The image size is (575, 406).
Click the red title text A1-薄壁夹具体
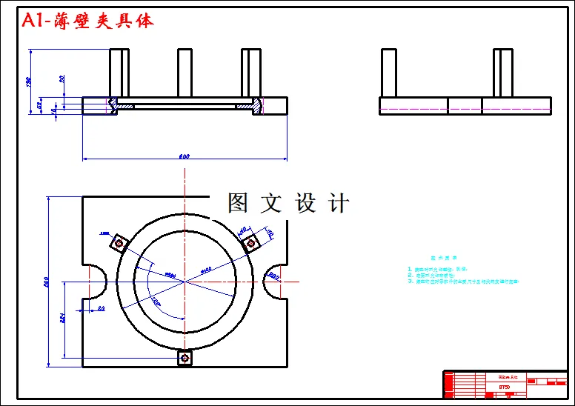(87, 21)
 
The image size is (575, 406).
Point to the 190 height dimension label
(29, 81)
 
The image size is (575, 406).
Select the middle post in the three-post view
(185, 73)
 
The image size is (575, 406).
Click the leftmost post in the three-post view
(119, 73)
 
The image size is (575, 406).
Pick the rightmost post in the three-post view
(251, 73)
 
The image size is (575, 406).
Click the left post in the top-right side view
(389, 73)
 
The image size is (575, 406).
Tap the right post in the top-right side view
(504, 73)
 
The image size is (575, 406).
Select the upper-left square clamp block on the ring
(118, 243)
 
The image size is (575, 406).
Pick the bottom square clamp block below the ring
(185, 358)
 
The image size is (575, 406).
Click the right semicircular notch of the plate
(275, 282)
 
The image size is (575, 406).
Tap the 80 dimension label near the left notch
(101, 307)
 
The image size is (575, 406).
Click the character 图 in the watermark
(237, 203)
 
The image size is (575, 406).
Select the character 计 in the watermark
(339, 203)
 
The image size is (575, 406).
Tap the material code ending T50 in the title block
(504, 386)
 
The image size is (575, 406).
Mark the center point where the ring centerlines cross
(185, 282)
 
